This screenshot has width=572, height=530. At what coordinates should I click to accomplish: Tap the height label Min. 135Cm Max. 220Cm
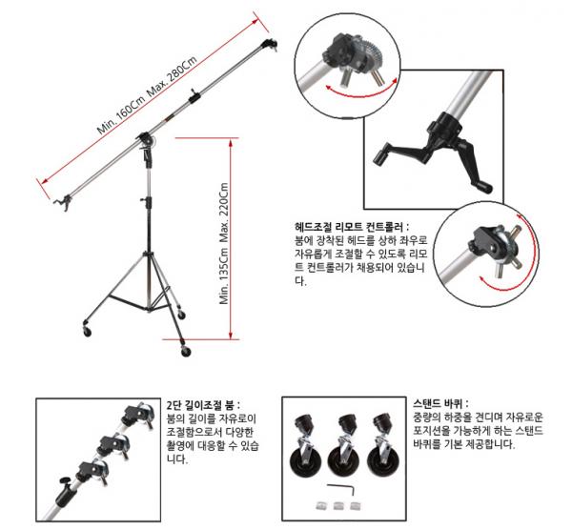224,243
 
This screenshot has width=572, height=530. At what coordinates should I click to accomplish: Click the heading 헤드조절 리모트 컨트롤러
352,227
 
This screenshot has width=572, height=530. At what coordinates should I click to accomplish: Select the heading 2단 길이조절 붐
203,405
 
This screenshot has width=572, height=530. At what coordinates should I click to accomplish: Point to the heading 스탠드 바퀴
440,404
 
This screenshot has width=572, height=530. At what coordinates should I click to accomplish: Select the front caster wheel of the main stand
186,351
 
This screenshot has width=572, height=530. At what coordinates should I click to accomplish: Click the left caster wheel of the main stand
87,331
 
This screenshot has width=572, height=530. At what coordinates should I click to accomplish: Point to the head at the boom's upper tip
269,45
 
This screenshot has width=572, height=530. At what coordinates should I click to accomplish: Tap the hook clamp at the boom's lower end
63,202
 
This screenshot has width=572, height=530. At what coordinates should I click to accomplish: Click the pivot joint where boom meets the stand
147,140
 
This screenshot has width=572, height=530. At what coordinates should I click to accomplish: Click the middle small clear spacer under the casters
337,506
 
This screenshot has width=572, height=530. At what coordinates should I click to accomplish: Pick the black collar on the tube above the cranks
446,125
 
